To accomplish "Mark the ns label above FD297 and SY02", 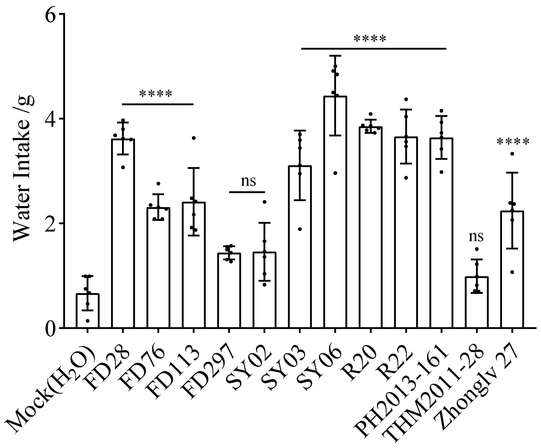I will [248, 181].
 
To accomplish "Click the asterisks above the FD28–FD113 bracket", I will [156, 94].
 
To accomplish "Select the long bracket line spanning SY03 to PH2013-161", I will [373, 49].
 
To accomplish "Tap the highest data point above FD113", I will [194, 138].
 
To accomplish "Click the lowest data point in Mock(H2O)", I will [87, 321].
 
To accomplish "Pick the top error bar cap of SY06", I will [335, 56].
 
